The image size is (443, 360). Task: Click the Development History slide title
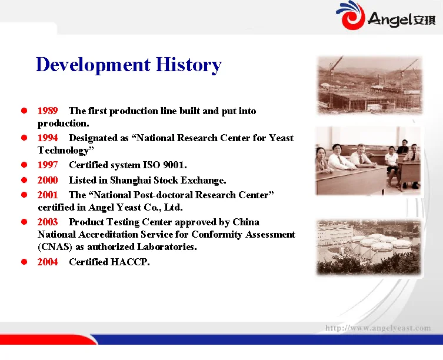(128, 64)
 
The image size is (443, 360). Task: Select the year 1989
(48, 111)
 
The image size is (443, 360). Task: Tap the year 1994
(48, 138)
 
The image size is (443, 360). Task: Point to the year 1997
(48, 165)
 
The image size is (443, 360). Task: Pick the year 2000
(48, 180)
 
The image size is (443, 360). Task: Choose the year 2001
(48, 195)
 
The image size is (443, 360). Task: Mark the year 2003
(48, 222)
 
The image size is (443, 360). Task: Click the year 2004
(48, 262)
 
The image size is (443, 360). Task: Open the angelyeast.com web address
(378, 328)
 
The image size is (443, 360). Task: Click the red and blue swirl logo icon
(350, 15)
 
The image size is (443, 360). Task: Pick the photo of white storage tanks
(368, 247)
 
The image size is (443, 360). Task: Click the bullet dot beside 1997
(25, 165)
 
